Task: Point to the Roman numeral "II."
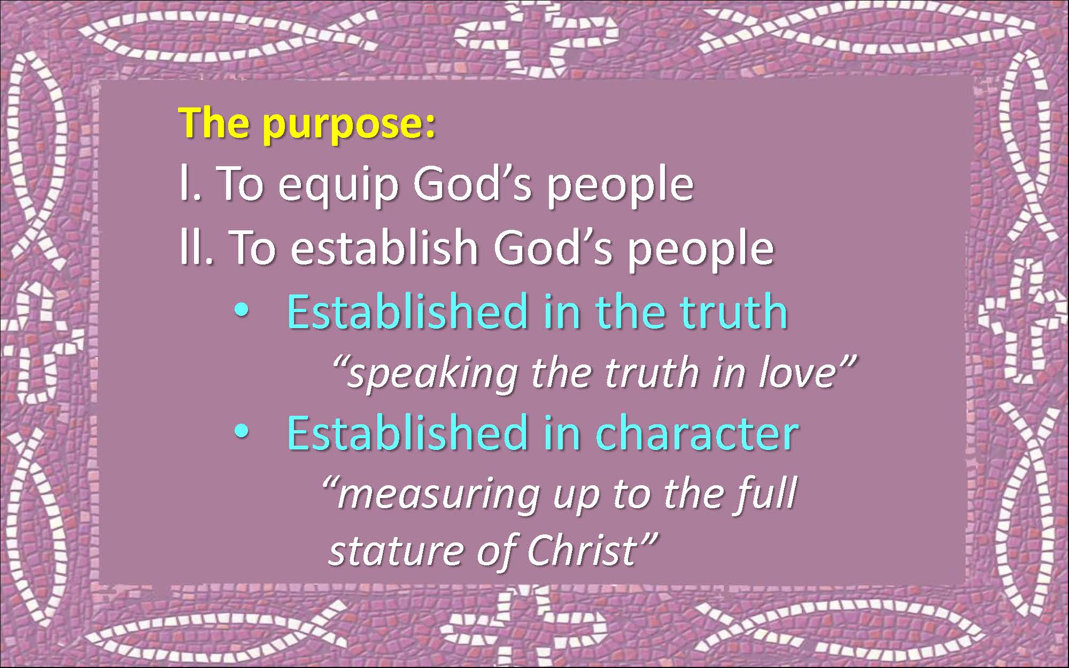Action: click(x=197, y=247)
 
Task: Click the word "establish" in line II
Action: click(x=384, y=247)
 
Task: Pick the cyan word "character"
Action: click(x=697, y=432)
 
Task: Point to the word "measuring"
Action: click(x=438, y=495)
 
